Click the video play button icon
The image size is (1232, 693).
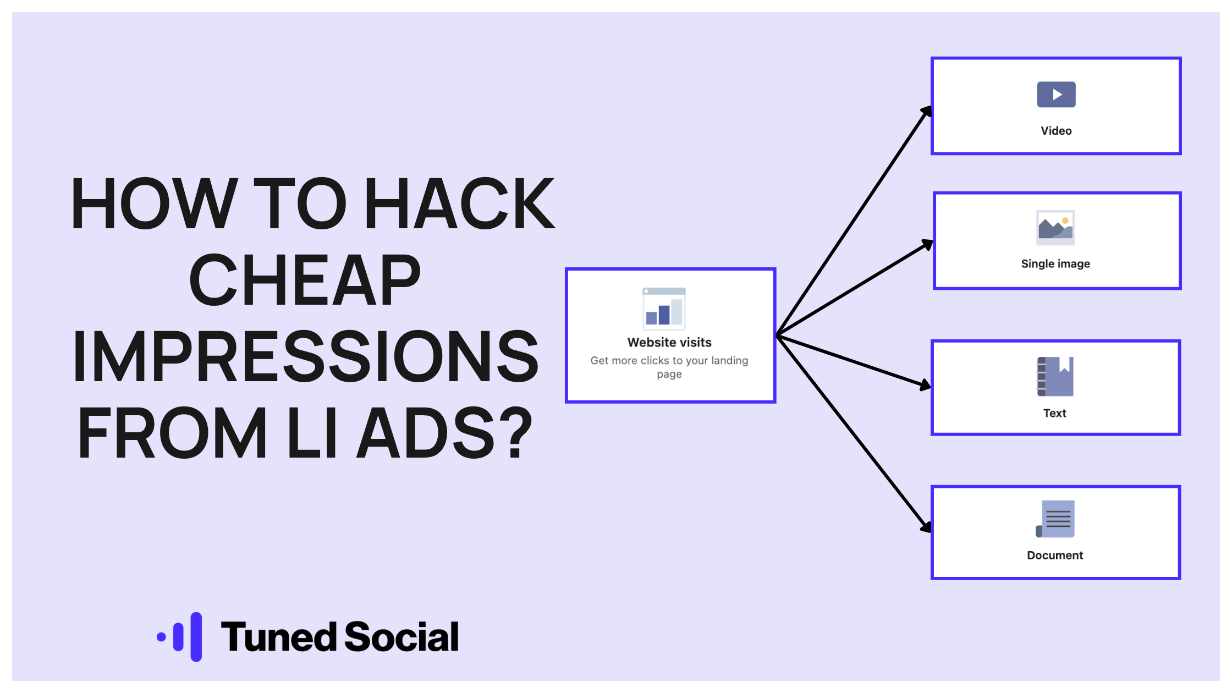coord(1056,95)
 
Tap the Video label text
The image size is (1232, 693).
coord(1056,131)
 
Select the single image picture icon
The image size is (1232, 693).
coord(1055,228)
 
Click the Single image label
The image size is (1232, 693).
coord(1055,264)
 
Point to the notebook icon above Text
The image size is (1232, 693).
coord(1055,377)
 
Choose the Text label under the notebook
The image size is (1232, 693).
coord(1055,413)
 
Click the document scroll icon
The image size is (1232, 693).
coord(1055,519)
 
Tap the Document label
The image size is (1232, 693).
coord(1055,555)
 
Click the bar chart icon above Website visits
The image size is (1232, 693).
coord(664,308)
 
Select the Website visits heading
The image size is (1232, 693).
coord(669,343)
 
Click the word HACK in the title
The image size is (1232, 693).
coord(460,204)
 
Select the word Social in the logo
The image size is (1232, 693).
coord(402,637)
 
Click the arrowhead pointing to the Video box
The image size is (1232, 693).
coord(927,111)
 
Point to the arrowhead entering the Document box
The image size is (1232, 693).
coord(927,527)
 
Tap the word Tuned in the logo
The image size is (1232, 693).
coord(279,637)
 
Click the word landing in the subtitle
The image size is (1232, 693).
coord(730,361)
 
